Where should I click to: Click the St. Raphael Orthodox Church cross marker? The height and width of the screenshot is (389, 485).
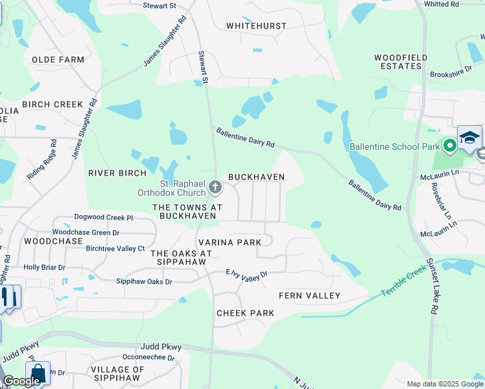215,189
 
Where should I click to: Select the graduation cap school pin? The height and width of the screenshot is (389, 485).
469,137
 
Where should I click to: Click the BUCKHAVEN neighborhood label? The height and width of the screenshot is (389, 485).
256,177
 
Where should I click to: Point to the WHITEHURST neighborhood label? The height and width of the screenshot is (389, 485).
255,27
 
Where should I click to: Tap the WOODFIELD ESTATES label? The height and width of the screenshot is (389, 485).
401,62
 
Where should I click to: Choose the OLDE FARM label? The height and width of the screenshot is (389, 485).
58,60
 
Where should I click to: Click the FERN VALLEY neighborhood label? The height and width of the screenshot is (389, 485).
309,296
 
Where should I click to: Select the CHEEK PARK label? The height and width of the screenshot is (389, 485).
245,313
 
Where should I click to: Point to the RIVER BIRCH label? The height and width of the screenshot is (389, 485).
115,173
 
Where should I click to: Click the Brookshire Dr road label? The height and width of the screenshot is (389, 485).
451,72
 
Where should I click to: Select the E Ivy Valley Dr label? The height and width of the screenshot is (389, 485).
246,276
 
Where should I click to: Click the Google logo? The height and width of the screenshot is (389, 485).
21,381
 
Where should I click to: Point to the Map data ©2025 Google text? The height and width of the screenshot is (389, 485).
444,384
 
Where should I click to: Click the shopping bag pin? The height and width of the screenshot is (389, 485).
38,373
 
